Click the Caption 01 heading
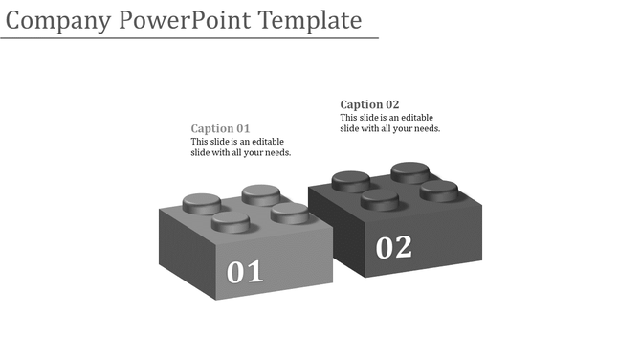220,128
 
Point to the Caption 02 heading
369,104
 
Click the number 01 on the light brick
245,272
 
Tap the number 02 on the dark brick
393,248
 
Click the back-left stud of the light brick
201,203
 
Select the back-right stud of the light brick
260,194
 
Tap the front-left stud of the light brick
231,223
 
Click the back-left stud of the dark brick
350,180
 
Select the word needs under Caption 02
425,128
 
